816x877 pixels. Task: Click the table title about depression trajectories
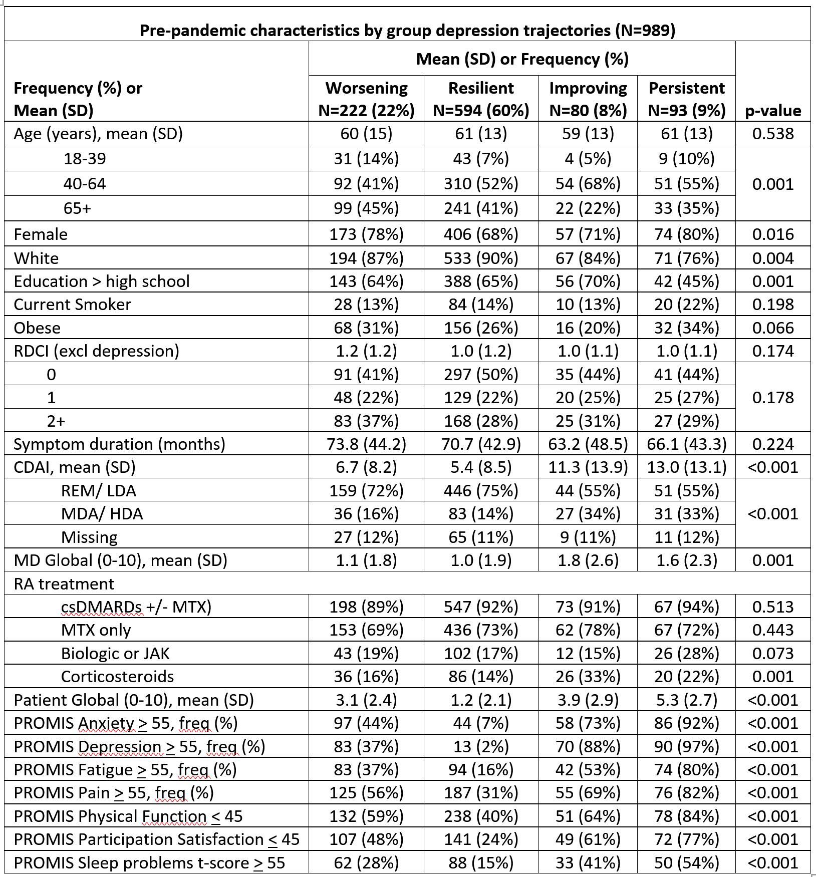[x=407, y=31]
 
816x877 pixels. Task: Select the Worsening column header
[x=366, y=99]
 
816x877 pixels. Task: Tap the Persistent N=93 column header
[x=686, y=99]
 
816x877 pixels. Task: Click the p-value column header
[x=773, y=111]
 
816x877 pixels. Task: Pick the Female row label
[x=41, y=234]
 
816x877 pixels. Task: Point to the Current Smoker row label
[x=73, y=305]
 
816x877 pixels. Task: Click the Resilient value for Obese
[x=481, y=328]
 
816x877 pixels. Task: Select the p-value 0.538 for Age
[x=773, y=134]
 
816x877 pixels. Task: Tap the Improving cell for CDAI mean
[x=588, y=467]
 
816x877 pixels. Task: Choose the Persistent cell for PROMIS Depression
[x=686, y=747]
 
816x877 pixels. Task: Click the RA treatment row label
[x=64, y=584]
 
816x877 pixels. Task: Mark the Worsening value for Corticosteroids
[x=366, y=677]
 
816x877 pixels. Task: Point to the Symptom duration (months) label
[x=119, y=444]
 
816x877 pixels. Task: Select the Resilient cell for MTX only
[x=481, y=630]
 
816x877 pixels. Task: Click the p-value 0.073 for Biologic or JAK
[x=773, y=654]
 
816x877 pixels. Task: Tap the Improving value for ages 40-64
[x=588, y=184]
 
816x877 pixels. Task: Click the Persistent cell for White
[x=686, y=258]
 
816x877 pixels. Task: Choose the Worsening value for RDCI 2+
[x=366, y=421]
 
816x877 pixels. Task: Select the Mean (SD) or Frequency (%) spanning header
[x=522, y=59]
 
